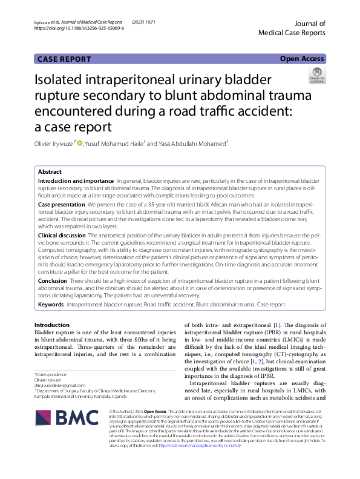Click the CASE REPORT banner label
[x=64, y=59]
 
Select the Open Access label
[x=302, y=59]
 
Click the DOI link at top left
[x=79, y=28]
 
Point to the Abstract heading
[x=50, y=172]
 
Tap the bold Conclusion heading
[x=53, y=280]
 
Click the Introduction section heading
[x=52, y=325]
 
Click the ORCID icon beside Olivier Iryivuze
[x=79, y=143]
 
